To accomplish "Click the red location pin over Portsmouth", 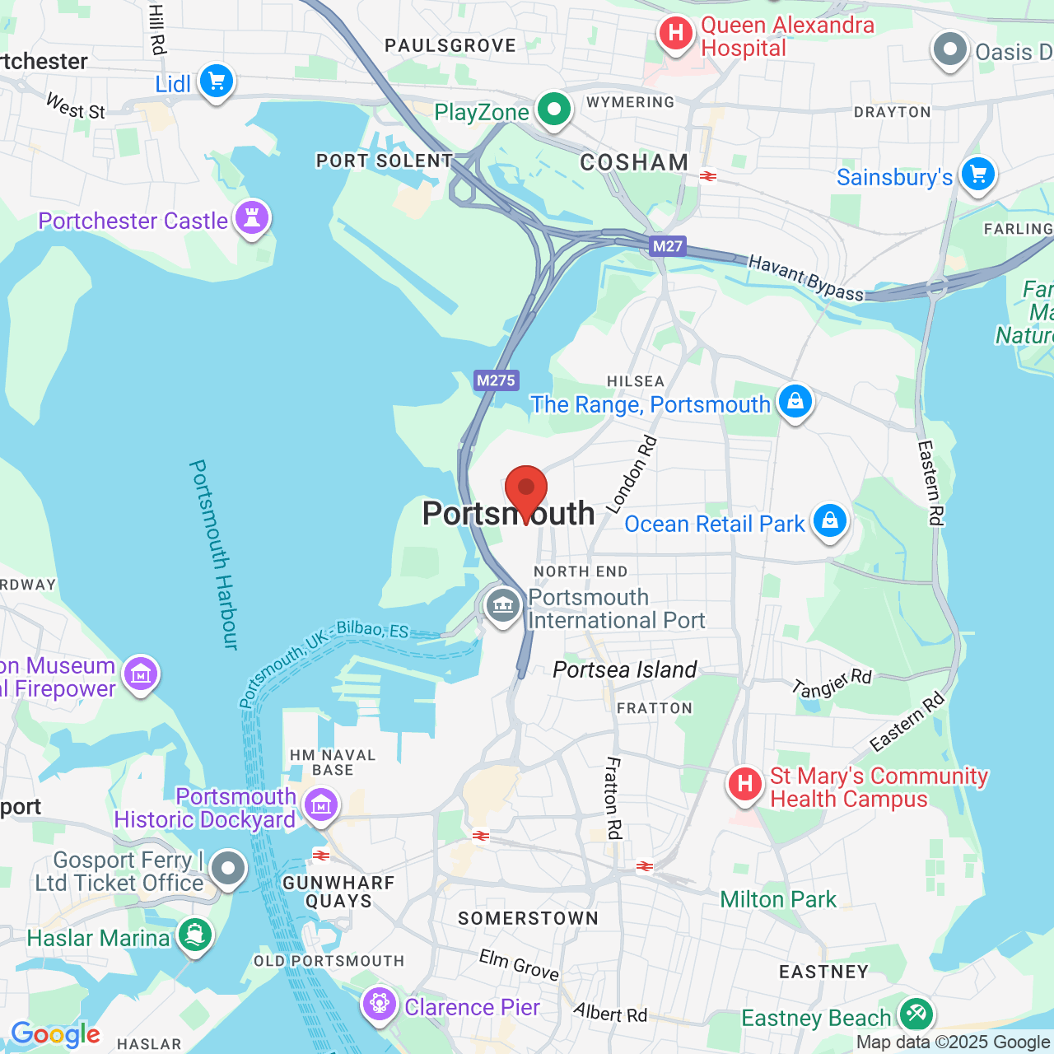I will pos(525,489).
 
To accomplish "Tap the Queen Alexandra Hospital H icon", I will pos(676,34).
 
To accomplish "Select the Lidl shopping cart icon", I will pos(217,82).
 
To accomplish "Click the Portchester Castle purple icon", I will pos(252,218).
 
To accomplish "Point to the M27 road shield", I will pos(667,245).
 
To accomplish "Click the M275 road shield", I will pos(496,380).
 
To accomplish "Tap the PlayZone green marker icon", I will pos(554,109).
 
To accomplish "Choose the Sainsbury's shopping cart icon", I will pos(977,175).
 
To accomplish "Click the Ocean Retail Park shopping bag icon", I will pos(829,521).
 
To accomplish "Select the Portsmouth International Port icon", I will pos(502,607).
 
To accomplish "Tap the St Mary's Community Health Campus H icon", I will pos(745,784).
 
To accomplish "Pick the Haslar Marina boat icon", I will pos(194,935).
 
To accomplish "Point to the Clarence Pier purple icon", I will pos(380,1005).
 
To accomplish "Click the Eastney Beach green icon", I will pos(916,1014).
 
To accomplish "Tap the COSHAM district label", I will pos(634,162).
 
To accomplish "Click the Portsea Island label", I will pos(625,669).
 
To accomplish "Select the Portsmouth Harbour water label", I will pos(213,554).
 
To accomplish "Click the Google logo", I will pos(55,1034).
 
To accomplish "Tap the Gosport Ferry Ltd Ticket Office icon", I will pos(228,869).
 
